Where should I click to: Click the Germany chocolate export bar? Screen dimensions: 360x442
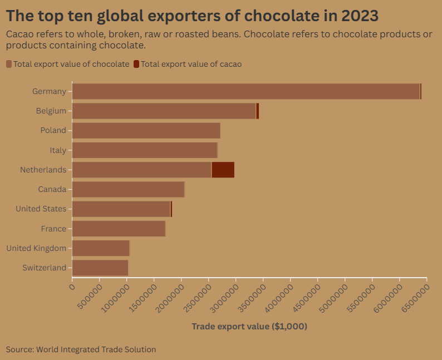click(x=245, y=91)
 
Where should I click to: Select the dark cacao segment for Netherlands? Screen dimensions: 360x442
click(x=223, y=170)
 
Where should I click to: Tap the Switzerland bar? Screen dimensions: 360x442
click(x=100, y=268)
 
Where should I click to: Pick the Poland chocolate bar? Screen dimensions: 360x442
click(x=146, y=131)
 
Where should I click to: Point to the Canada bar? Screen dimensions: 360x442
click(x=128, y=189)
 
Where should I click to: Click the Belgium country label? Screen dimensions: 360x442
click(x=51, y=111)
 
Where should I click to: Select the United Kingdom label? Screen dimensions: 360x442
click(x=36, y=248)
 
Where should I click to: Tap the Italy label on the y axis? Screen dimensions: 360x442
click(x=57, y=150)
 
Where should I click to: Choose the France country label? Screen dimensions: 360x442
click(x=53, y=229)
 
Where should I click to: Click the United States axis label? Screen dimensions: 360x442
click(x=41, y=209)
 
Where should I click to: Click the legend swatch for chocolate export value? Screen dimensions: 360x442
click(x=9, y=64)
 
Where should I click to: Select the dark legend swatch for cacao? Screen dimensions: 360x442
click(x=136, y=64)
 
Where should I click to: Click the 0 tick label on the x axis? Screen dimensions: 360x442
click(x=72, y=287)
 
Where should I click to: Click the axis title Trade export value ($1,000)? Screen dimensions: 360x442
click(x=249, y=327)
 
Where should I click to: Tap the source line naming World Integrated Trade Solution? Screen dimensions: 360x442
click(x=81, y=349)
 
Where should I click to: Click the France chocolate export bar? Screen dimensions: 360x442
click(x=119, y=229)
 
